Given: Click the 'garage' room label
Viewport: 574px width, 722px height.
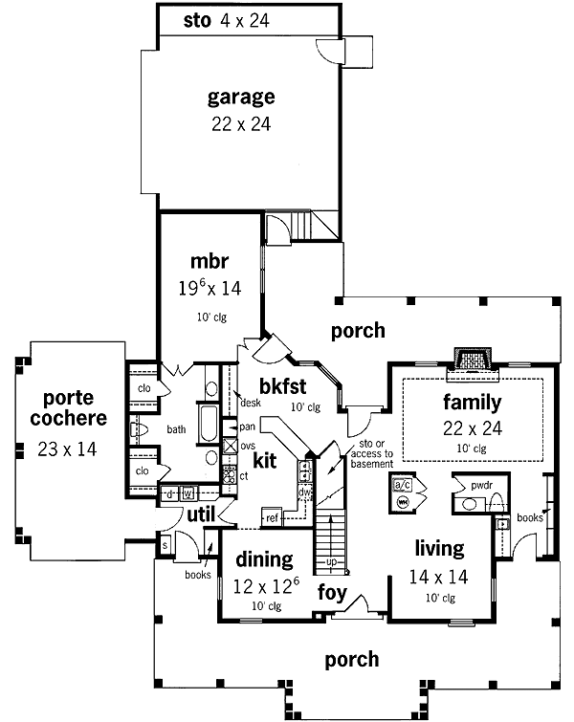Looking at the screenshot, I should [241, 97].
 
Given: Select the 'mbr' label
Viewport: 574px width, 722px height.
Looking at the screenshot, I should [209, 260].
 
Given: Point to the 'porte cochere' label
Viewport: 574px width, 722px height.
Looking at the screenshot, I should [67, 407].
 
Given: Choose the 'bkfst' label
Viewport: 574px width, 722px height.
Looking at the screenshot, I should [282, 387].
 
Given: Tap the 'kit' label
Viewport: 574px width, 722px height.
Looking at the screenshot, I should [265, 461].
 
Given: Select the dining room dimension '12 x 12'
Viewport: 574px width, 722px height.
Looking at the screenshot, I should [261, 582].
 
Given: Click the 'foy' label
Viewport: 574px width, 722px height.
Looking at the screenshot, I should [332, 592].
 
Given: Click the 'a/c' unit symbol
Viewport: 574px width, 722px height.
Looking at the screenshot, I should [403, 484].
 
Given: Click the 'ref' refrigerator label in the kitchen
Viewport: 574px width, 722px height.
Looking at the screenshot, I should [272, 518].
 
